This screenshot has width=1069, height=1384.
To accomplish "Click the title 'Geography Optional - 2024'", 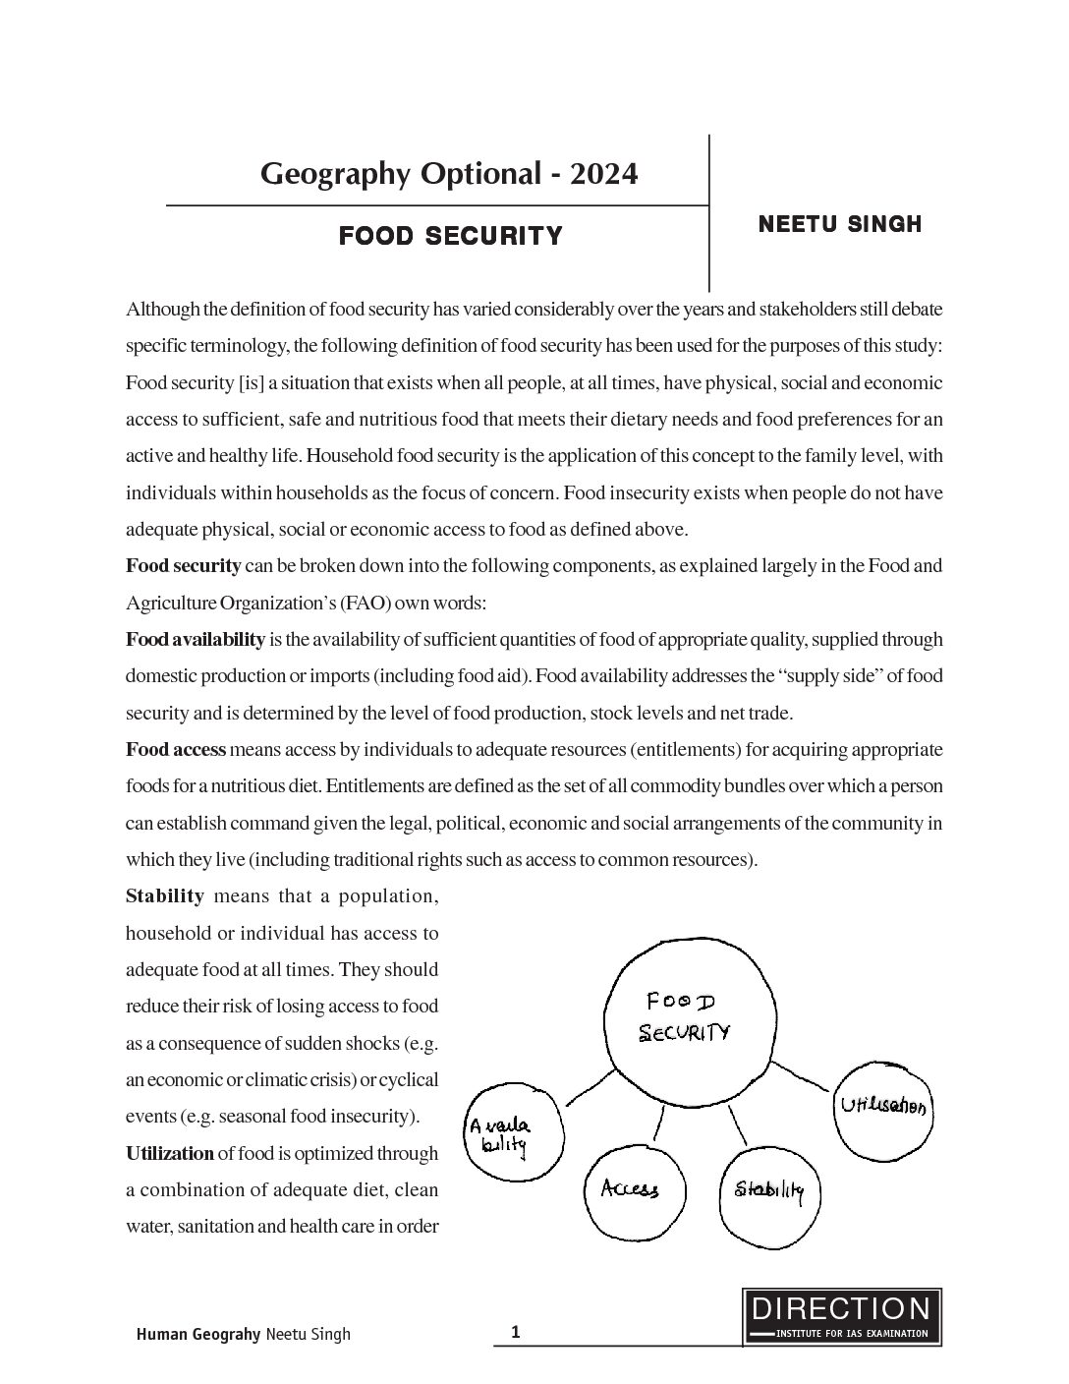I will pyautogui.click(x=449, y=174).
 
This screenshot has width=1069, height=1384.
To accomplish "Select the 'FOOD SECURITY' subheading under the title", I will pyautogui.click(x=450, y=236).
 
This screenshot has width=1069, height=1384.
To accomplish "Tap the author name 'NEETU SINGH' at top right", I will pyautogui.click(x=840, y=224).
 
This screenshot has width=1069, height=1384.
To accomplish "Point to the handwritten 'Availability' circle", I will pyautogui.click(x=512, y=1135).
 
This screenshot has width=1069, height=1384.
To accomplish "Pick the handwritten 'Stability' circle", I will pyautogui.click(x=769, y=1191).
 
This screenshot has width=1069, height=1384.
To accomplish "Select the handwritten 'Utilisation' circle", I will pyautogui.click(x=883, y=1108).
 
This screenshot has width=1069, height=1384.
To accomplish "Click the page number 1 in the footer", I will pyautogui.click(x=515, y=1332).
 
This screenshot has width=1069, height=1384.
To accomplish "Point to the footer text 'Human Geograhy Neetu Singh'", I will pyautogui.click(x=243, y=1334).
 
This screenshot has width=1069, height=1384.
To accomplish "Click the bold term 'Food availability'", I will pyautogui.click(x=195, y=640).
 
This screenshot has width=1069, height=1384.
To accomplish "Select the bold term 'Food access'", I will pyautogui.click(x=176, y=750).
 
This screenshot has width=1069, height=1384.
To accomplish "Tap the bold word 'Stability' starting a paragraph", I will pyautogui.click(x=164, y=896).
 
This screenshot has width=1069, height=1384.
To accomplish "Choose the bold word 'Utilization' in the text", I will pyautogui.click(x=169, y=1153).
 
